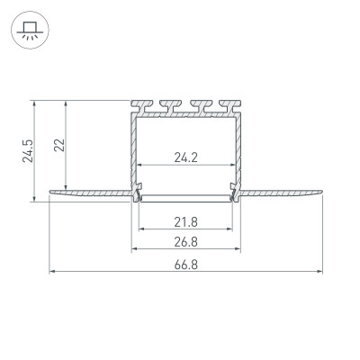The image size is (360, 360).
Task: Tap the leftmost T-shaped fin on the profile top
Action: [142, 105]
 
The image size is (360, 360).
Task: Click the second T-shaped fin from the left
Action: [168, 105]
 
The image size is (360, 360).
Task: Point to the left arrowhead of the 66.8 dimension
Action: [52, 271]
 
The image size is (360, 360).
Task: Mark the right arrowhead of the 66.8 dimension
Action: [320, 271]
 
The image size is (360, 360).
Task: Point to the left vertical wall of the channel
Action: [134, 148]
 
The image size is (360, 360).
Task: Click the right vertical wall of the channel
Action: [239, 148]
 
